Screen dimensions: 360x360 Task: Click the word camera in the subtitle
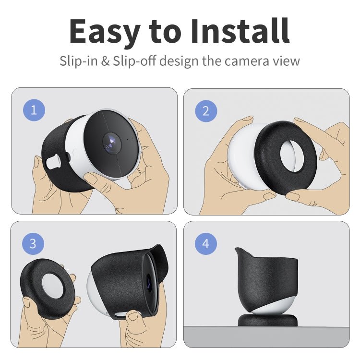pyautogui.click(x=249, y=61)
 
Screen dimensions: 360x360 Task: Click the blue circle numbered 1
pyautogui.click(x=34, y=110)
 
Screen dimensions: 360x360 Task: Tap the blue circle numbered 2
pyautogui.click(x=206, y=111)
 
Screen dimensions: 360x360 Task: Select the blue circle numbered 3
pyautogui.click(x=33, y=243)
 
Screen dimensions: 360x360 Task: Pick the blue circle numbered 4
pyautogui.click(x=206, y=244)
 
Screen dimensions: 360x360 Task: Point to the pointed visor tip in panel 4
pyautogui.click(x=237, y=250)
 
